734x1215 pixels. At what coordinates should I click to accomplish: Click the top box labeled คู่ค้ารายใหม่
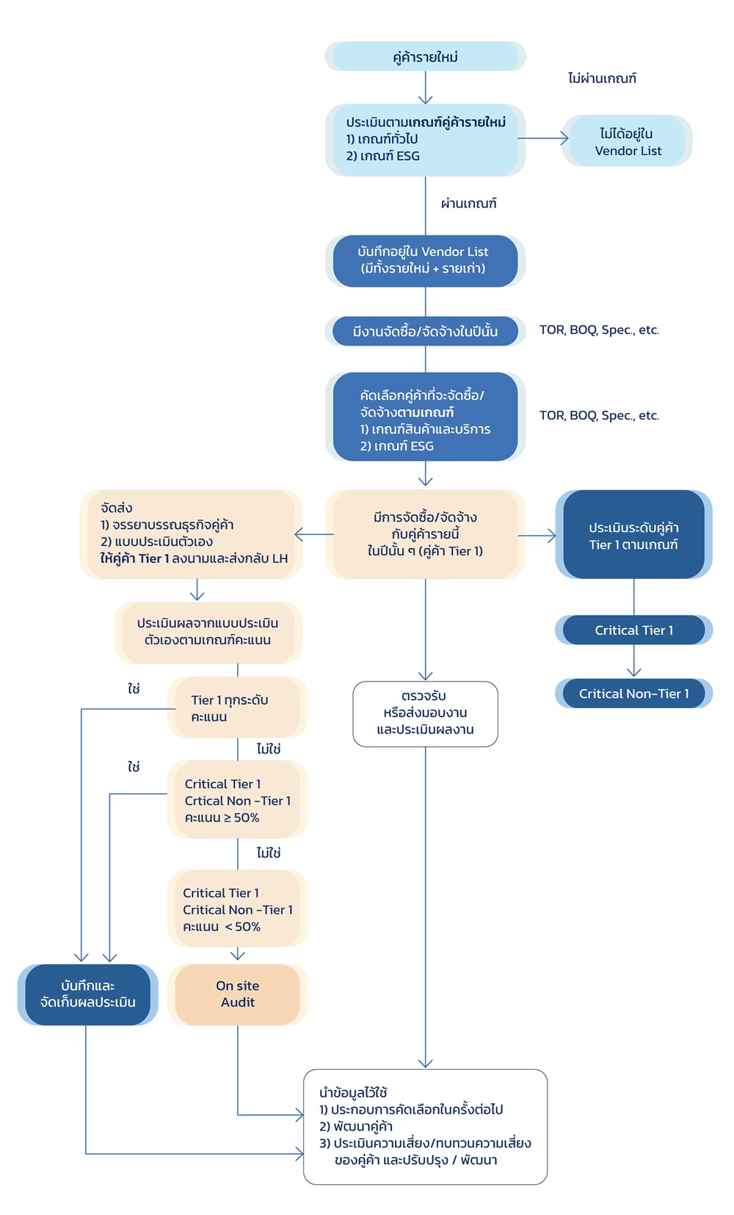point(425,56)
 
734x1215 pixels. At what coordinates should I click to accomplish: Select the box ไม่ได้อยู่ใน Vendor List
point(628,141)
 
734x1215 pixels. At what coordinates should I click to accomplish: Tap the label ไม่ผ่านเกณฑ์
point(602,79)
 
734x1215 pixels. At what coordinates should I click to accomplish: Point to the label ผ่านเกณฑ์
point(468,203)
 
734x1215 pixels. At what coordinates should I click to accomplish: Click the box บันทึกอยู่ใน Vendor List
point(425,260)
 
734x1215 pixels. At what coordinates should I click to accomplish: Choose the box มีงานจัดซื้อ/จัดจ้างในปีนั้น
point(425,332)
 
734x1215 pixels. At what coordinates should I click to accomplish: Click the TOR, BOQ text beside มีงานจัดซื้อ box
point(599,330)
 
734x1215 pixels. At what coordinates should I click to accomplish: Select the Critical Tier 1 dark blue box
point(633,630)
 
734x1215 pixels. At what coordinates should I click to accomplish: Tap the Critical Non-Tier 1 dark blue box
point(633,693)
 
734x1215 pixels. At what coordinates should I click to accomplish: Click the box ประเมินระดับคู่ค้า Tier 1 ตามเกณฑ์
point(633,536)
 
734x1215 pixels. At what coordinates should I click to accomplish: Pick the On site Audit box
point(237,994)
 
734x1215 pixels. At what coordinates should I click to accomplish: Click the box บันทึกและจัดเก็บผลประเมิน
point(87,994)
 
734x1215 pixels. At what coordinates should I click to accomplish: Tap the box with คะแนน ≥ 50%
point(237,800)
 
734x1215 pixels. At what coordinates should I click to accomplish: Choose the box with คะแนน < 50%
point(237,909)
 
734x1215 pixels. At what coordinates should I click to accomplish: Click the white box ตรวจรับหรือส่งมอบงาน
point(425,713)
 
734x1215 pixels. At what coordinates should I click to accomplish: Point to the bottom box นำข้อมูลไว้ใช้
point(425,1126)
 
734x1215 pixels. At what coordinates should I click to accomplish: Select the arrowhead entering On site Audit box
point(238,955)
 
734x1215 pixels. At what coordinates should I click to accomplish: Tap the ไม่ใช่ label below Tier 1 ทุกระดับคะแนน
point(269,749)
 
